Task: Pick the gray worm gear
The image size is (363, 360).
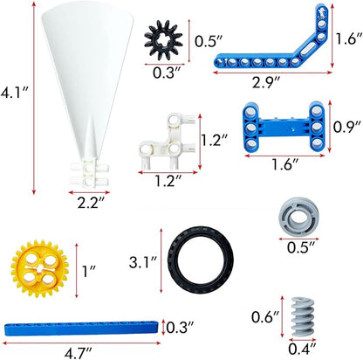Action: [303, 316]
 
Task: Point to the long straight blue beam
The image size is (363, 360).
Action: [81, 329]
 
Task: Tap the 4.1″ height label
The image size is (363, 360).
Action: [14, 93]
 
